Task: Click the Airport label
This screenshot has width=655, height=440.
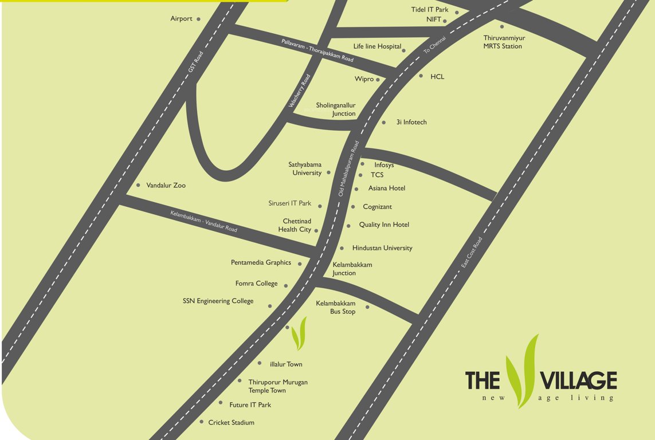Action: (x=181, y=19)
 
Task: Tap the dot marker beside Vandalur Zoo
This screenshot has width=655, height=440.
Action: (x=138, y=185)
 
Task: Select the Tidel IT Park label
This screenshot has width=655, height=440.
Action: (x=430, y=10)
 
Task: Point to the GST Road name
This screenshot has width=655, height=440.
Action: (x=196, y=62)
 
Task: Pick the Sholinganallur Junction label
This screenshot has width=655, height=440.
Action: (x=335, y=109)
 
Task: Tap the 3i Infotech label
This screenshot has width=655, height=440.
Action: (x=411, y=122)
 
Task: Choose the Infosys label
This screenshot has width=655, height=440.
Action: (x=384, y=165)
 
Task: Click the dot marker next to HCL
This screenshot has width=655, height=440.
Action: (x=421, y=76)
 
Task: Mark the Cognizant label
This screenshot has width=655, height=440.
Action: (x=377, y=207)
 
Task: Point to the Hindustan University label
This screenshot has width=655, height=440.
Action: (x=382, y=248)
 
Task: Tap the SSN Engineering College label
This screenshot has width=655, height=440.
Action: (x=218, y=301)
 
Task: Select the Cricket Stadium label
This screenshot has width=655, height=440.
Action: (x=231, y=422)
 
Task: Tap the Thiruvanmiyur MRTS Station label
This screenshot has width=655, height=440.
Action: (x=504, y=42)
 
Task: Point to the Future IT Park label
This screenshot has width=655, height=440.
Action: (x=250, y=405)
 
